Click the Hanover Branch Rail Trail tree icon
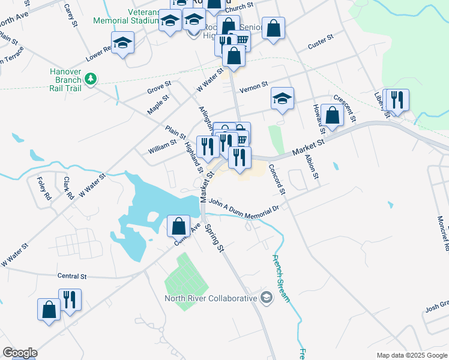tap(90, 79)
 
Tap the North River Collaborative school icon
tap(267, 298)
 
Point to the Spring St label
tap(214, 237)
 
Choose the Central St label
tap(72, 277)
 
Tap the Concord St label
tap(277, 179)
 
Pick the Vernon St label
tap(253, 88)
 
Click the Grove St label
tap(159, 91)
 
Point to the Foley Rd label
tap(44, 188)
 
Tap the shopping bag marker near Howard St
tap(332, 115)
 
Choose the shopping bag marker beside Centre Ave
tap(178, 226)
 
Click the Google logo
tap(20, 353)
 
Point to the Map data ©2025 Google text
tap(411, 355)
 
